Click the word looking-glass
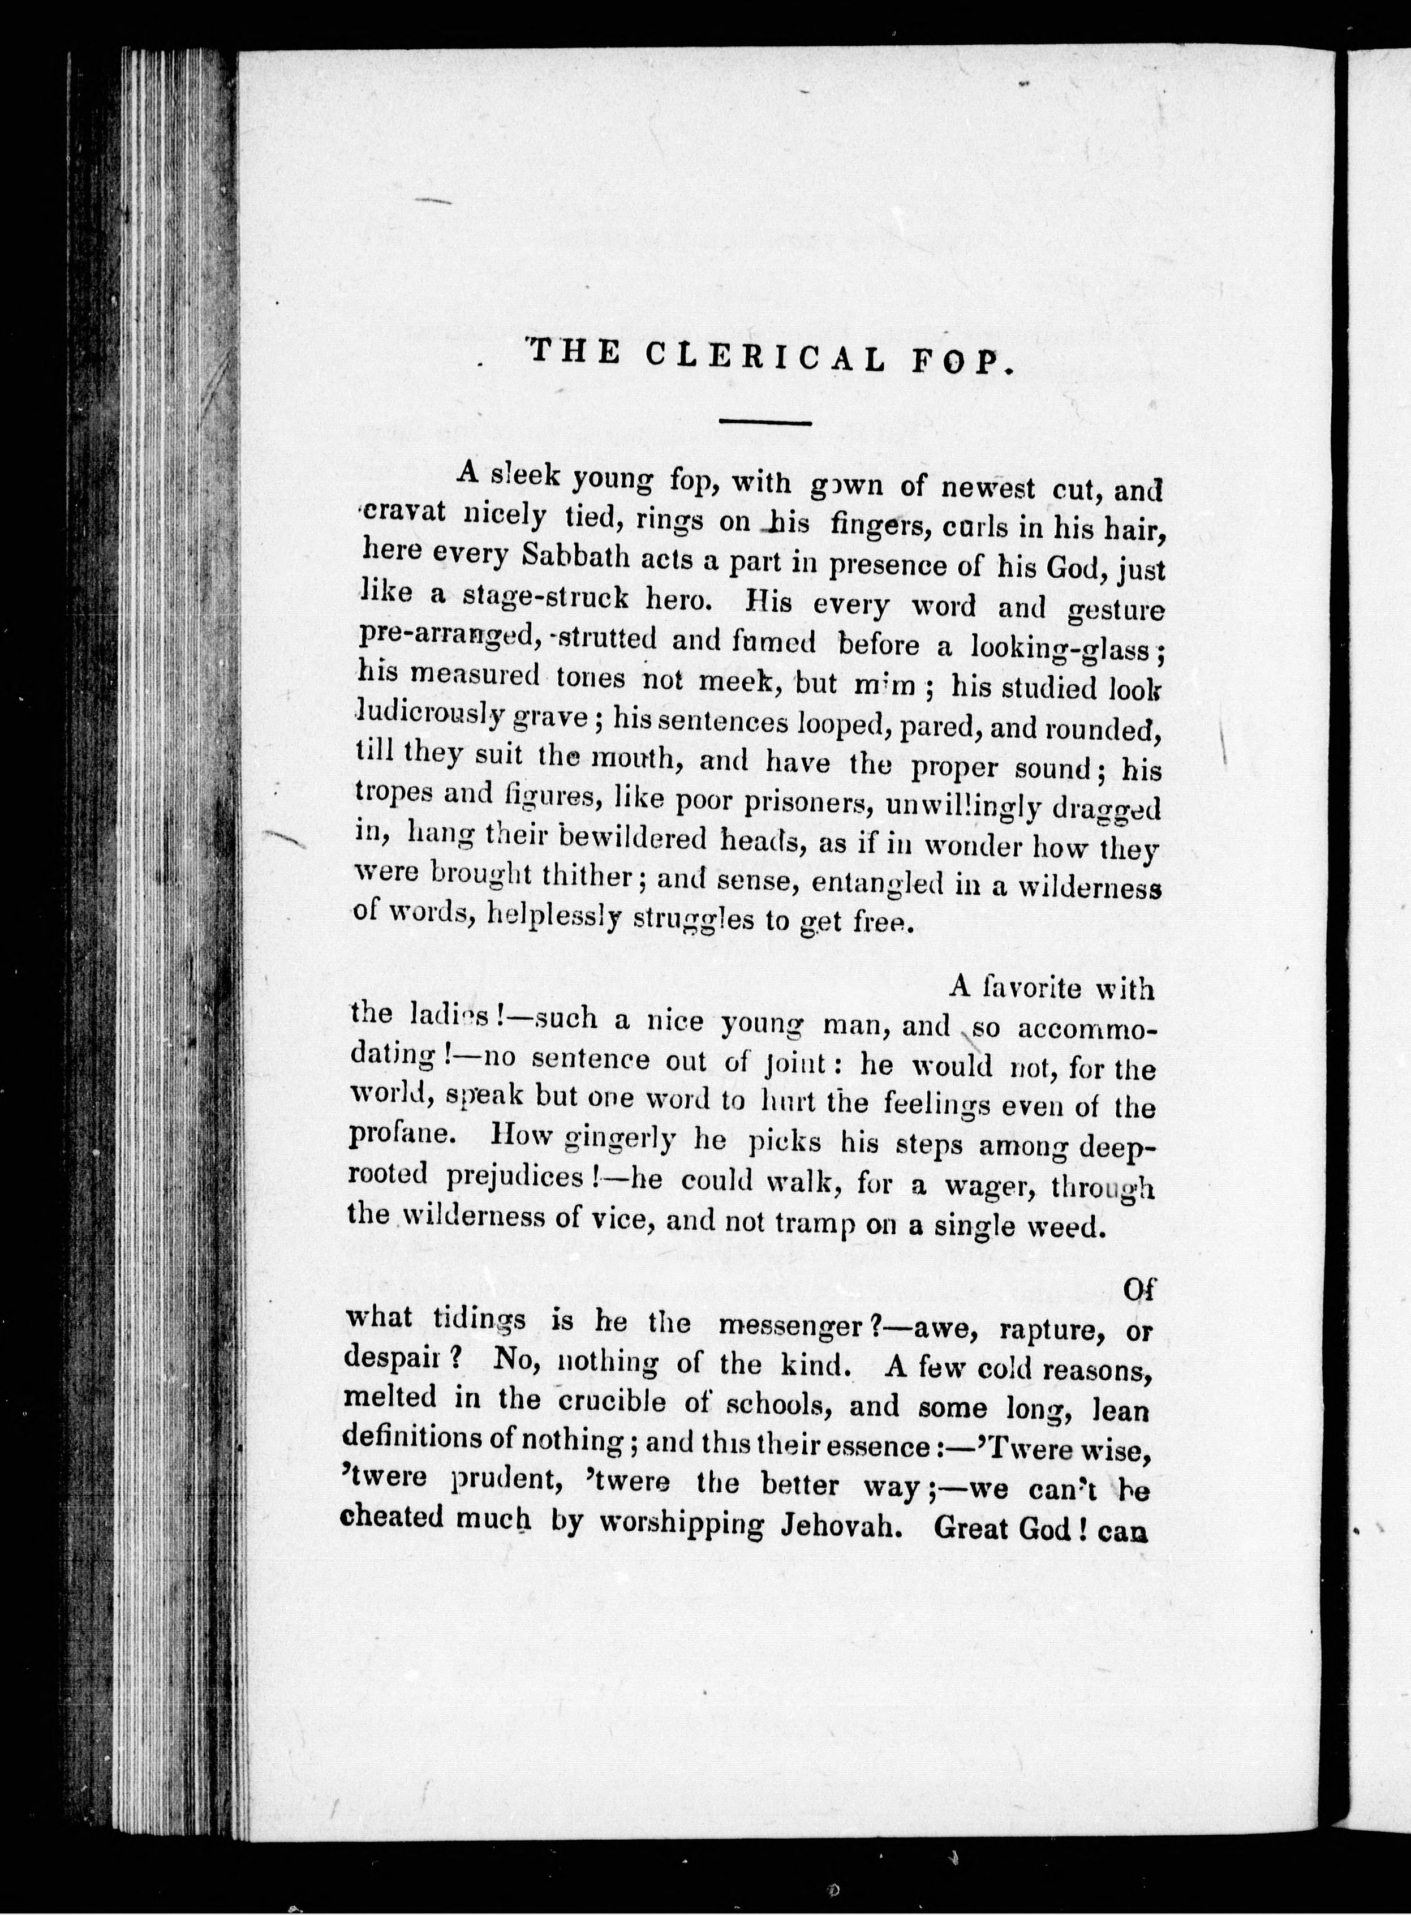tap(1061, 649)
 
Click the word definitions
tap(412, 1437)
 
